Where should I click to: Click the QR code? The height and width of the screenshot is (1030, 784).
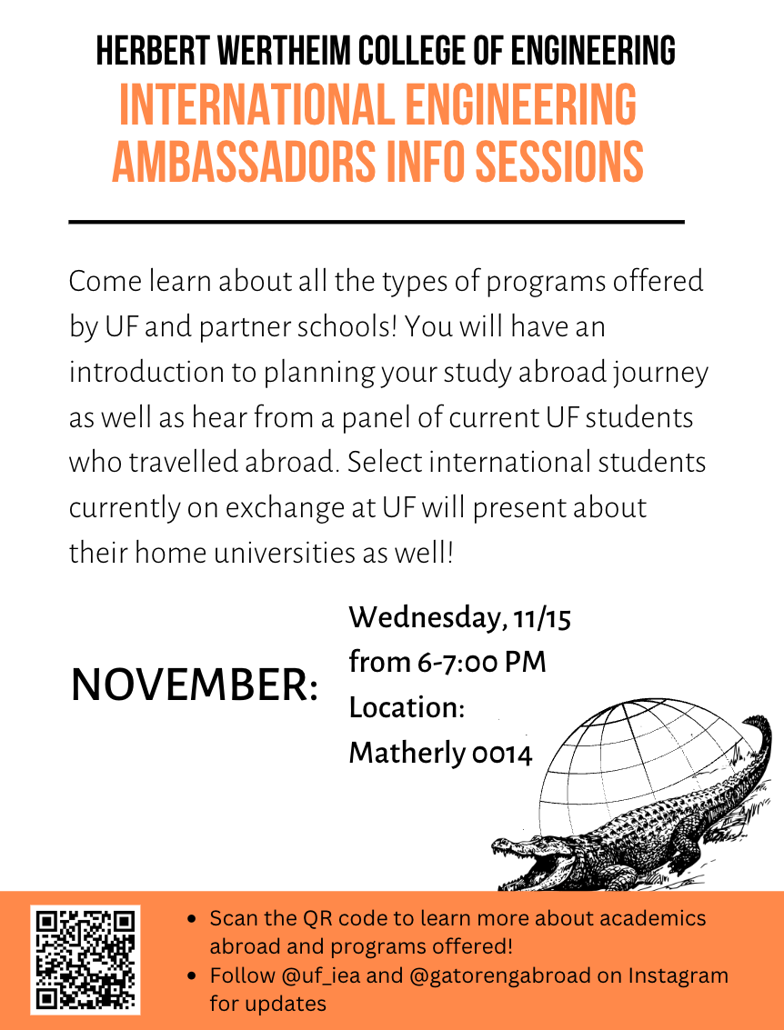tap(85, 959)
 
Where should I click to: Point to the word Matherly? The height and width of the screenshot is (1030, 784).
tap(407, 753)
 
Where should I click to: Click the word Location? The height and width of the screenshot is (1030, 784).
tap(404, 707)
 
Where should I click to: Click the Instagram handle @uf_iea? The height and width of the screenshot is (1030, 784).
tap(321, 975)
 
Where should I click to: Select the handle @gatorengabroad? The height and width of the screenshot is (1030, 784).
tap(500, 975)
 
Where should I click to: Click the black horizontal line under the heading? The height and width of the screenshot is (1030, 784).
tap(377, 222)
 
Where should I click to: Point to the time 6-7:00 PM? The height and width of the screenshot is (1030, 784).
tap(481, 662)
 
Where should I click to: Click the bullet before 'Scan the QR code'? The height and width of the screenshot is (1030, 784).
tap(192, 918)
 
